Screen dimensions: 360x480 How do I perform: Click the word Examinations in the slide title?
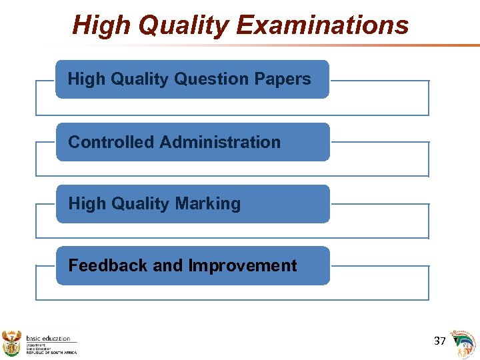point(322,25)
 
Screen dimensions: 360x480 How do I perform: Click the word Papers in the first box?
point(282,79)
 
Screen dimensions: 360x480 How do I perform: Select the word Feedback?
point(108,265)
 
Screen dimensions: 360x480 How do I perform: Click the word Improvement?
point(243,265)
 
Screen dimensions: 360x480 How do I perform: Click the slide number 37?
point(439,341)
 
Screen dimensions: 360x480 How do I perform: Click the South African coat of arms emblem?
point(12,343)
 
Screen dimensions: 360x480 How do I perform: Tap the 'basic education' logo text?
point(48,338)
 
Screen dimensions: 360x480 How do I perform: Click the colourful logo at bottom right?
point(464,343)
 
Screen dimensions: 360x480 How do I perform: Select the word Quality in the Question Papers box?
point(137,79)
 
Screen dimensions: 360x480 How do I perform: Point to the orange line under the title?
point(333,45)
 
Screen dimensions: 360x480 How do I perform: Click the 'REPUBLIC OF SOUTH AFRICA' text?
point(51,352)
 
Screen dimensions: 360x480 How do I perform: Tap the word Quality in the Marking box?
point(137,204)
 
